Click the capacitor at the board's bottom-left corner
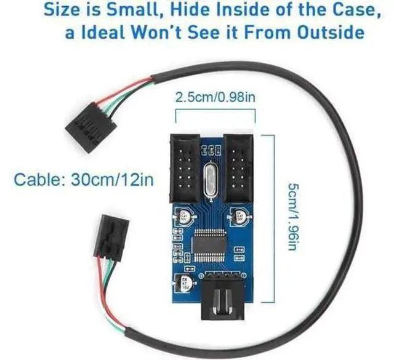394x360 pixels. (186, 285)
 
